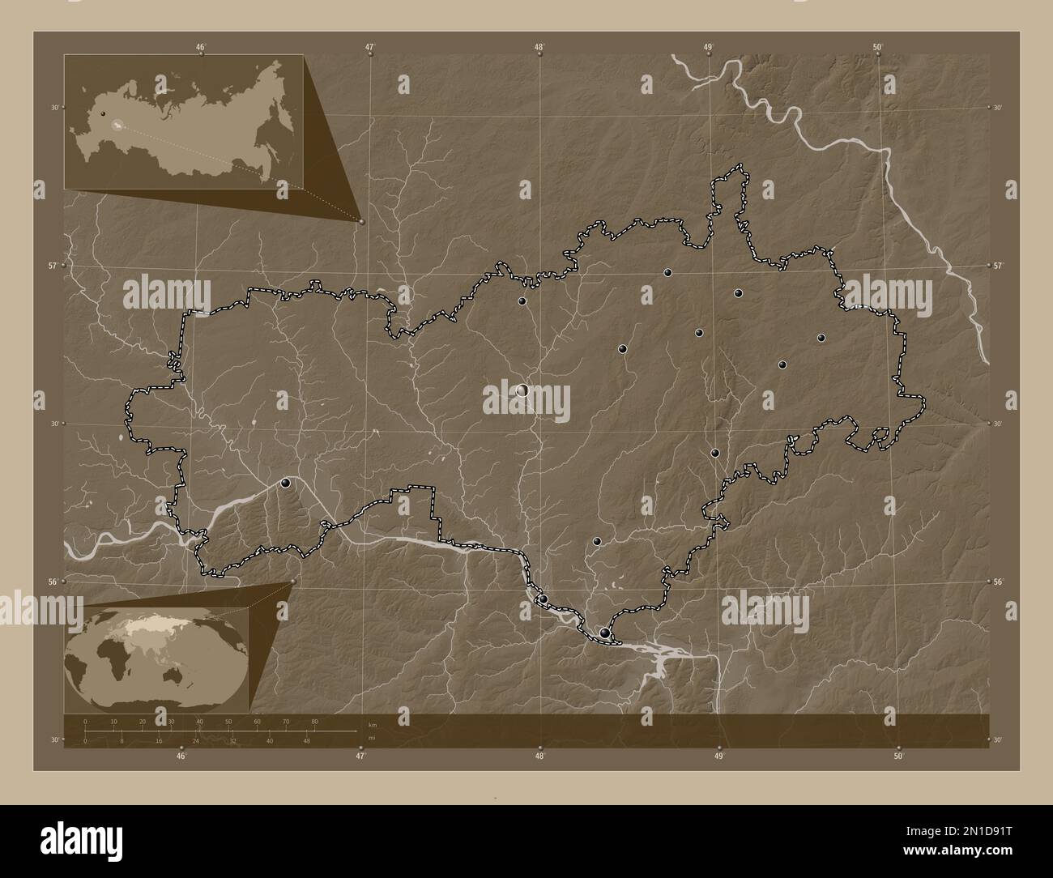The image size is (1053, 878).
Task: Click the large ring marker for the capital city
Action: tap(522, 390)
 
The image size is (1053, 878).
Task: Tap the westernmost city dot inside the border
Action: tap(285, 484)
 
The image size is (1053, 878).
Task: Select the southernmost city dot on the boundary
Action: tap(605, 633)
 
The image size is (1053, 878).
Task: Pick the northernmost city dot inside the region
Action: tap(667, 273)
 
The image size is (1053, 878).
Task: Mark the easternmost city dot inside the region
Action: tap(821, 338)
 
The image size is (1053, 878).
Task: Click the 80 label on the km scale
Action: tap(314, 721)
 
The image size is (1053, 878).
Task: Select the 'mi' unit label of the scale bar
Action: tap(371, 739)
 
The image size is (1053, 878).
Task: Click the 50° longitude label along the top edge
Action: tap(878, 47)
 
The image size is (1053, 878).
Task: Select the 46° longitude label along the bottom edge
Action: tap(181, 757)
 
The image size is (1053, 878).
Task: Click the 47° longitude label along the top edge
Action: tap(370, 47)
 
